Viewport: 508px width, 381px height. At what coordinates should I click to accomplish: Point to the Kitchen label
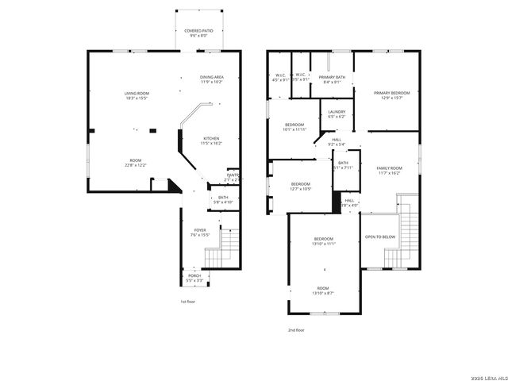[211, 140]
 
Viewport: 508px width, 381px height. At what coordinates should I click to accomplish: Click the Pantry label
[233, 177]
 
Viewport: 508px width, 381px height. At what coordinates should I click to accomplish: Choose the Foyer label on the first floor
[199, 232]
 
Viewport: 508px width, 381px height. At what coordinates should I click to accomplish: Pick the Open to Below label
[380, 237]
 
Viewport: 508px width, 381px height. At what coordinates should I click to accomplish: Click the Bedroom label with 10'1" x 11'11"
[294, 127]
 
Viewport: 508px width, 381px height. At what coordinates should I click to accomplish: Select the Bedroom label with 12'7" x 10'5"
[300, 186]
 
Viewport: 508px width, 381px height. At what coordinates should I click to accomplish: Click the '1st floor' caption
[187, 302]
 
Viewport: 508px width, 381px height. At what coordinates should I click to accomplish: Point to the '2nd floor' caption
[295, 329]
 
